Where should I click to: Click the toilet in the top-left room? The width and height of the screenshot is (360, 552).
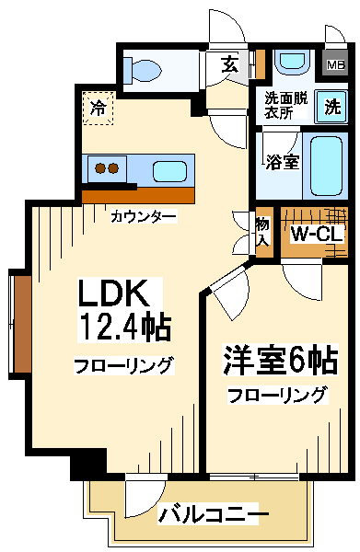pos(142,70)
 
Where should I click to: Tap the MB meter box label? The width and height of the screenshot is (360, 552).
pos(336,64)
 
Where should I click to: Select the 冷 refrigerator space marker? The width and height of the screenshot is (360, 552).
pos(99,108)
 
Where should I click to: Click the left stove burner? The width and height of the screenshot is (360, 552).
pos(101,168)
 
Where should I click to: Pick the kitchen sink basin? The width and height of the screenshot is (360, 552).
pos(169,171)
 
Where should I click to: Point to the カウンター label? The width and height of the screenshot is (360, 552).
pos(143,216)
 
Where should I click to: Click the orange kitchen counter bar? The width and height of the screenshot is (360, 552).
pos(138,195)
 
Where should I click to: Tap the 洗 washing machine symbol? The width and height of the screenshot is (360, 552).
pos(331,107)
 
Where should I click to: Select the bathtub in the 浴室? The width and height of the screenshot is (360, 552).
pos(326,166)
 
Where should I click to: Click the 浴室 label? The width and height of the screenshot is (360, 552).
pos(283,162)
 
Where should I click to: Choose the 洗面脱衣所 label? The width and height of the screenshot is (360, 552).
pos(286,105)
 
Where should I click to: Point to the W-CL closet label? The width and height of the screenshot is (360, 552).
pos(317,234)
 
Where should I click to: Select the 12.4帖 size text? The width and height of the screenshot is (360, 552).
pos(126,326)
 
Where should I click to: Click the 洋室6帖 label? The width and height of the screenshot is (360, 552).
pos(280,361)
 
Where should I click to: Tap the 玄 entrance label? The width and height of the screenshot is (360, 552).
pos(229,64)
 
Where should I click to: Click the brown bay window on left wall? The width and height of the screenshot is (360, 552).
pos(22,324)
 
